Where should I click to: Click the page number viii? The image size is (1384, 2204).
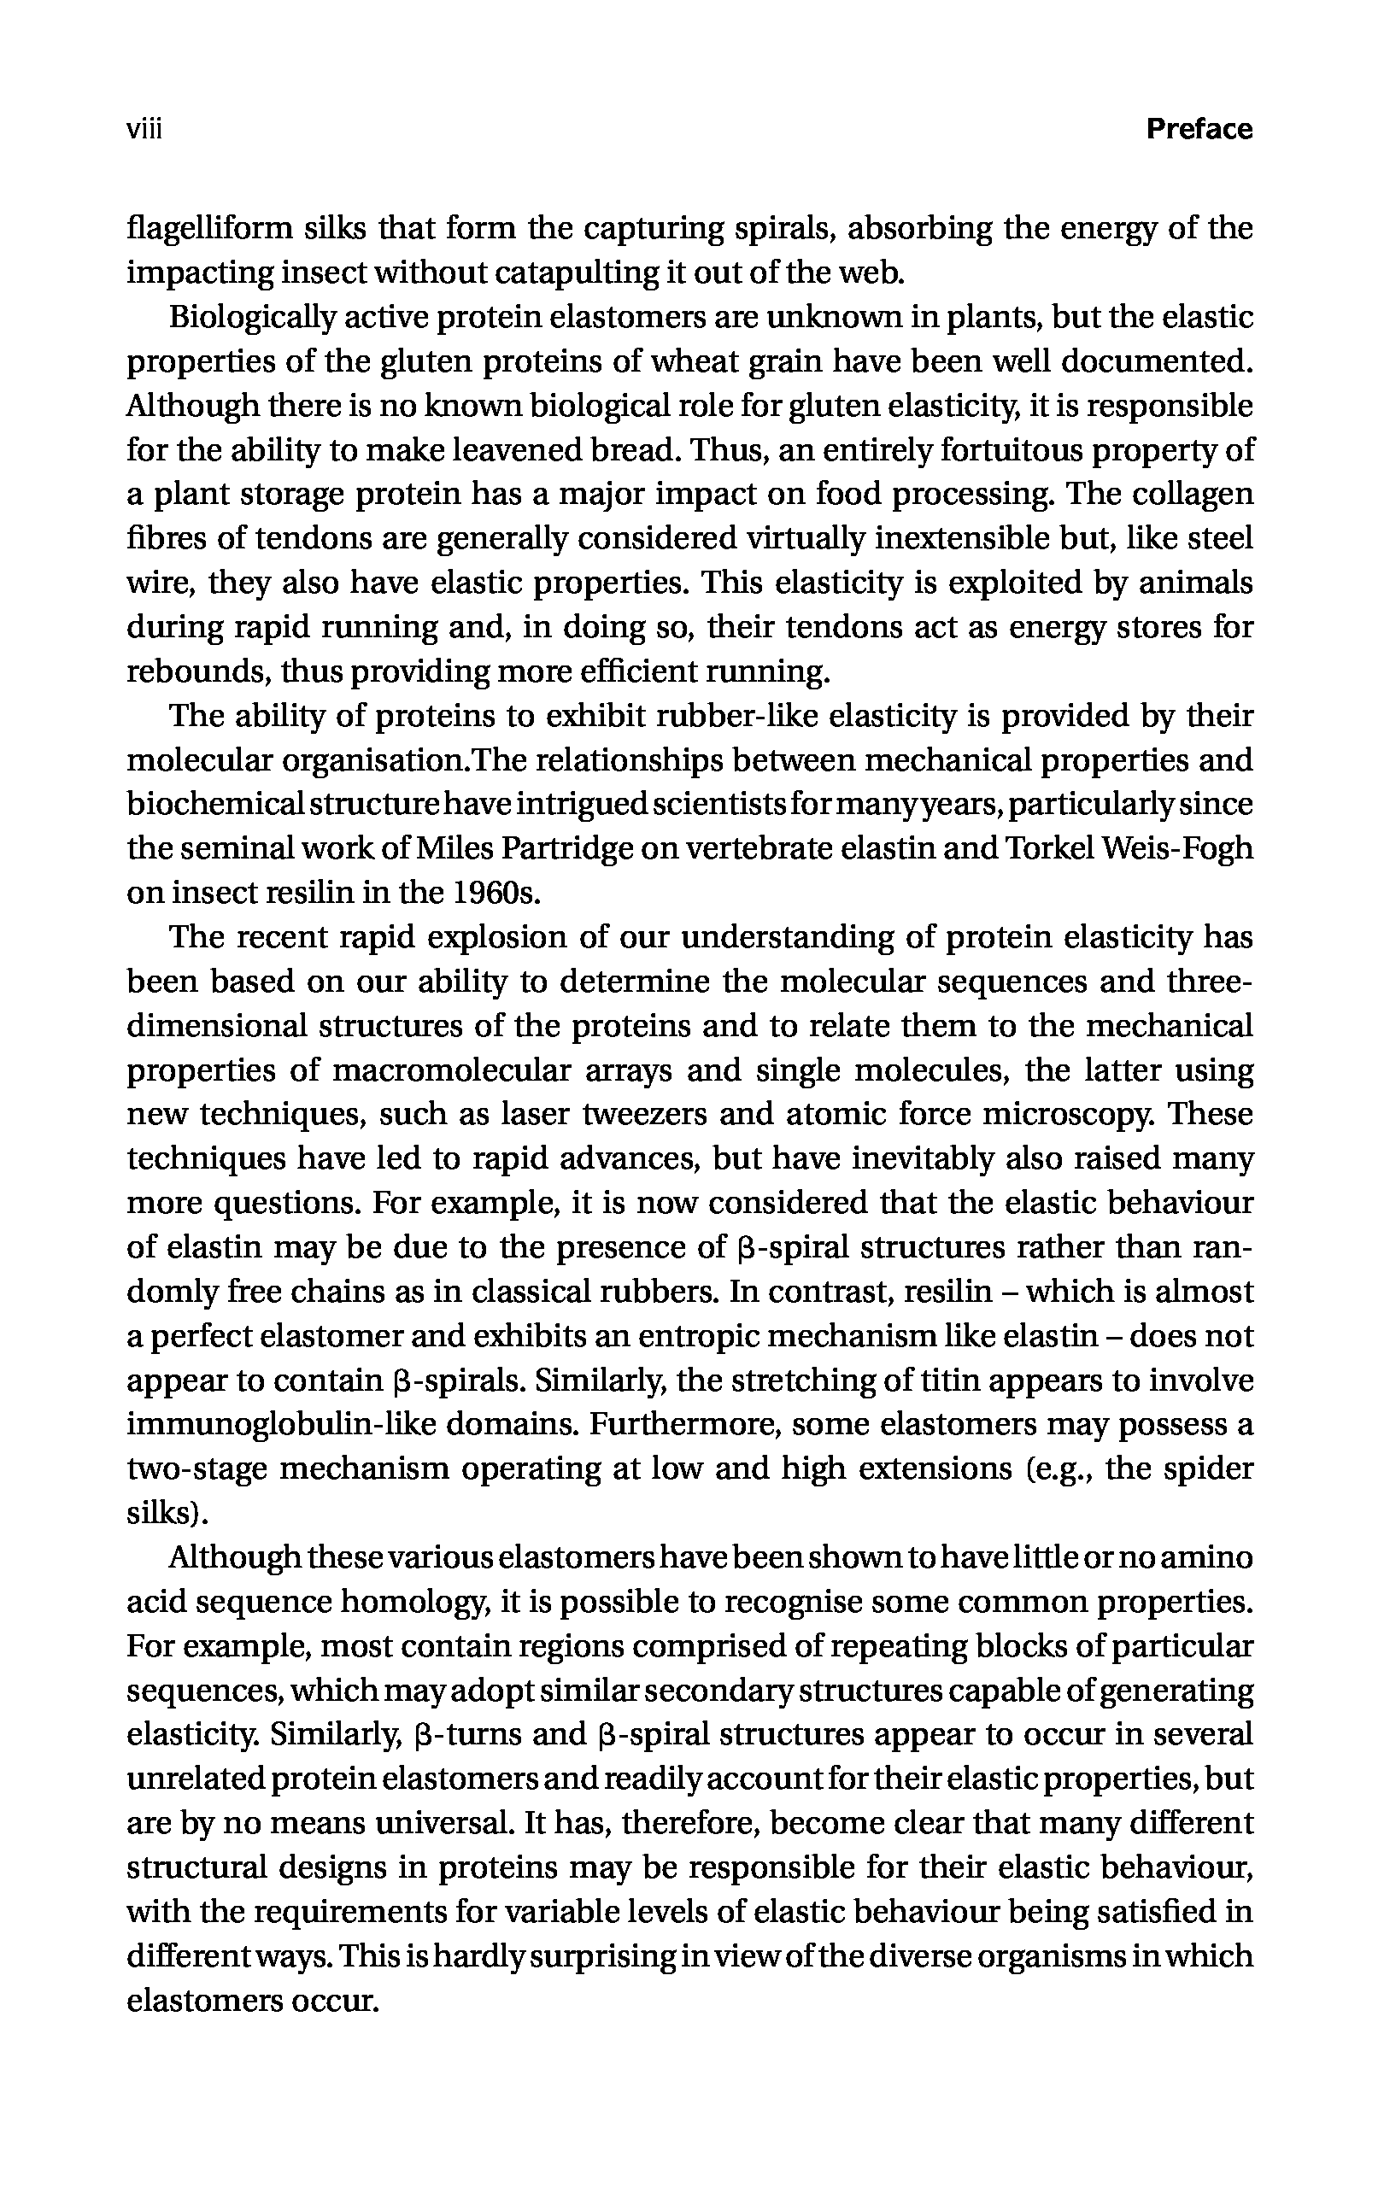pyautogui.click(x=144, y=129)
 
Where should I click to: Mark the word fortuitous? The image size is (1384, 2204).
pyautogui.click(x=1002, y=450)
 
